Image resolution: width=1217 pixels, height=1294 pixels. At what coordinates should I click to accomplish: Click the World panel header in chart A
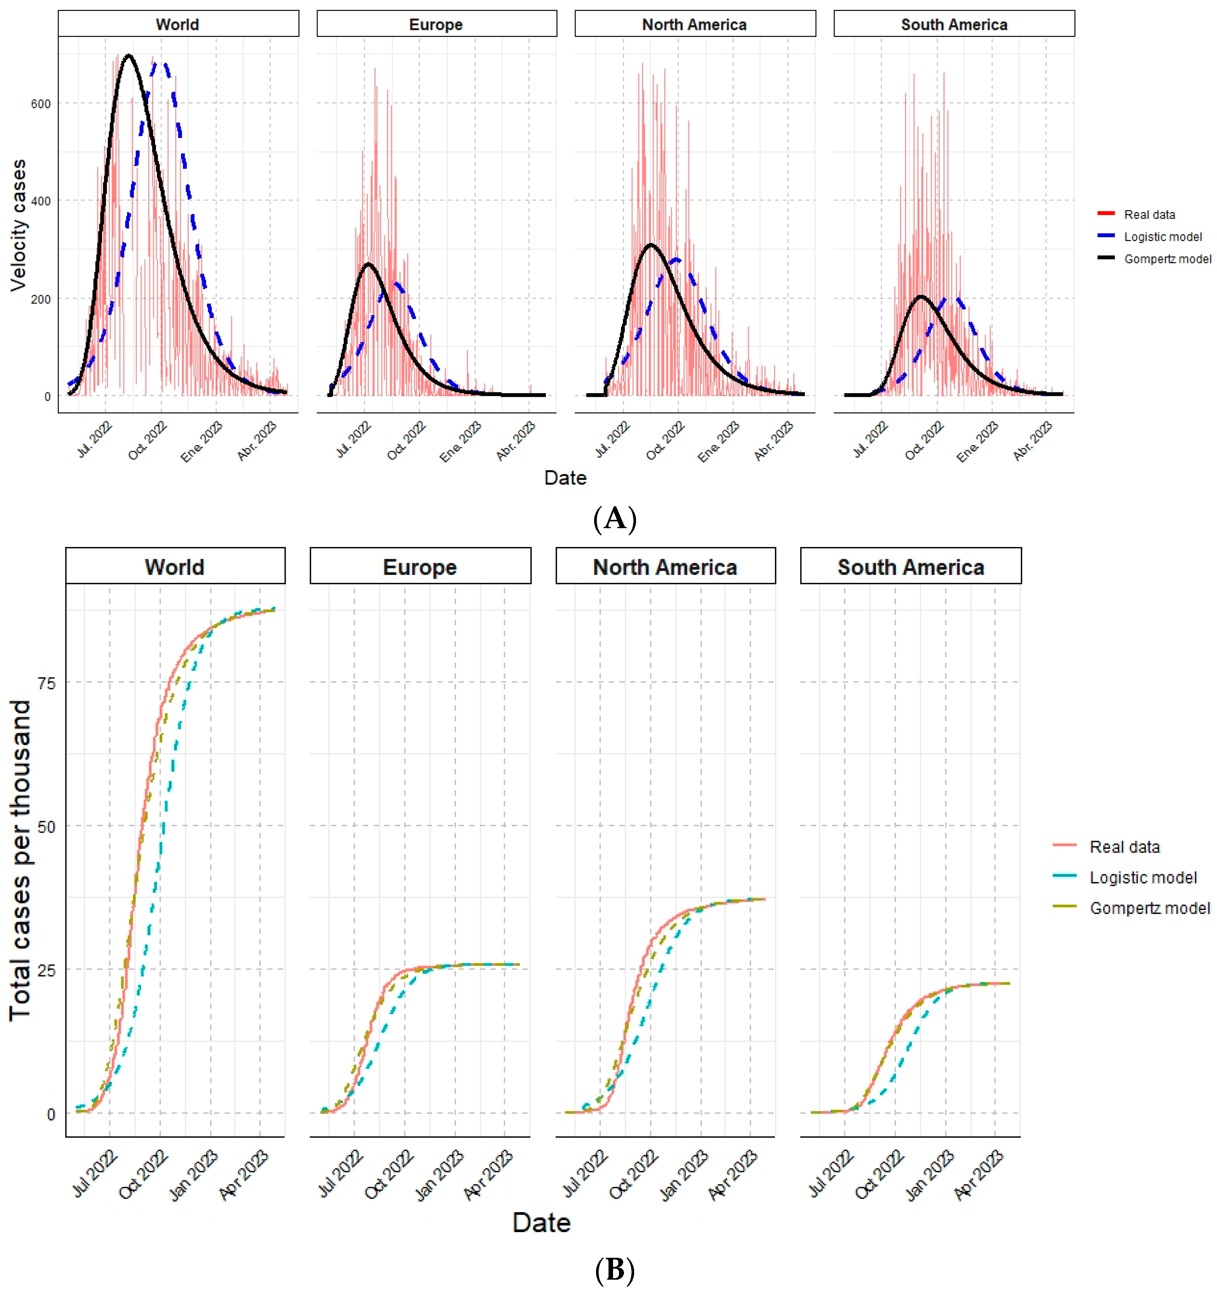point(178,24)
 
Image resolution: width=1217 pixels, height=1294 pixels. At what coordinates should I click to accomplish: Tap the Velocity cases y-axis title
point(18,225)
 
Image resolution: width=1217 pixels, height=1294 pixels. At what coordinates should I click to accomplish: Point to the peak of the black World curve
point(128,56)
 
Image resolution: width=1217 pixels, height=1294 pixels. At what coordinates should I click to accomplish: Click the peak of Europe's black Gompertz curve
point(368,264)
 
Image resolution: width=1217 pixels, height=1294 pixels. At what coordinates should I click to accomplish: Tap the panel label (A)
point(615,519)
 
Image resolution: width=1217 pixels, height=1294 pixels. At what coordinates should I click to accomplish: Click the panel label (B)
point(615,1269)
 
